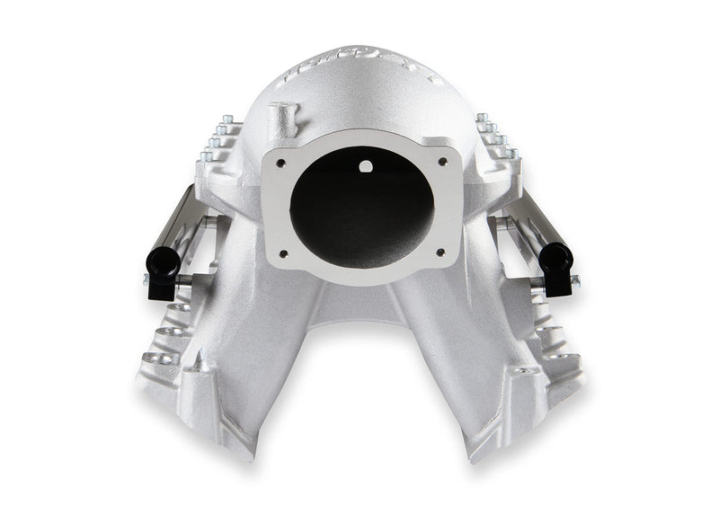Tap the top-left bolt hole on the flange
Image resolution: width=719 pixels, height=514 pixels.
(x=281, y=163)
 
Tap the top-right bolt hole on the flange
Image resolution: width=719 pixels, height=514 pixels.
(x=442, y=162)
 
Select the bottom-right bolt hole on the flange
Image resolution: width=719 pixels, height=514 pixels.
(x=440, y=253)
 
